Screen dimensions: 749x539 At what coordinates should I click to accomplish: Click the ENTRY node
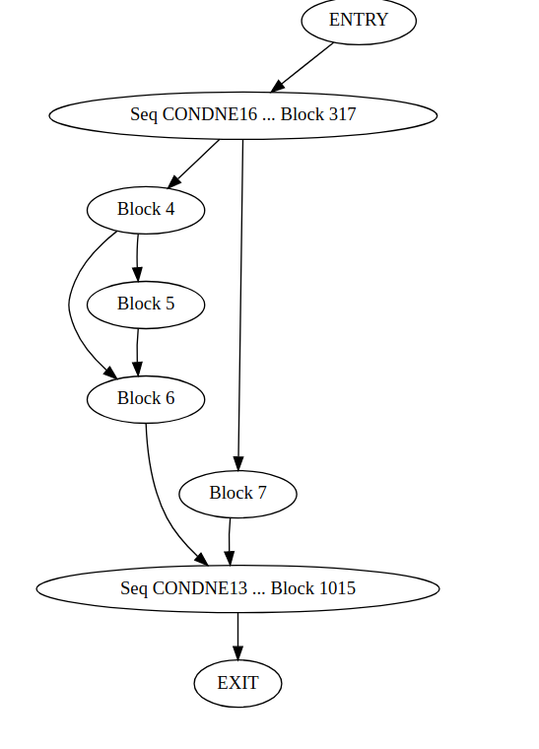click(x=359, y=21)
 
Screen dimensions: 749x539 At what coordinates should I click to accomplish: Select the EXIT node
click(x=237, y=683)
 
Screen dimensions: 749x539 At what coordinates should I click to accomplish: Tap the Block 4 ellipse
click(x=146, y=209)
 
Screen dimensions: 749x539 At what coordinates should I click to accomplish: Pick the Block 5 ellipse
click(x=146, y=304)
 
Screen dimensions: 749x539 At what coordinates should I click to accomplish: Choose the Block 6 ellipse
click(x=146, y=398)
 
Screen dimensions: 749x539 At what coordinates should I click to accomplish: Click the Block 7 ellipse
click(x=237, y=493)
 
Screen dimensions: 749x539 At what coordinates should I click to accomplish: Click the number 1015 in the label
click(x=334, y=588)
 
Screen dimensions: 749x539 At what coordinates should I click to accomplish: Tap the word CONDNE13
click(x=200, y=588)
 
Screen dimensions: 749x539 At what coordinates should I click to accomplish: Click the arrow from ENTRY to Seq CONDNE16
click(x=303, y=67)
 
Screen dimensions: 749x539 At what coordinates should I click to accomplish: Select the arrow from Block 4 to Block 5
click(x=137, y=256)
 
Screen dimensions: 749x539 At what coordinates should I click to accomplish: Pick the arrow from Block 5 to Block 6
click(x=137, y=351)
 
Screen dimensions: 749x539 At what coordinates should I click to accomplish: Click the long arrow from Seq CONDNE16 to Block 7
click(x=240, y=296)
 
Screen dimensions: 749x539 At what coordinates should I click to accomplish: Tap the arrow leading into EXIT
click(x=237, y=636)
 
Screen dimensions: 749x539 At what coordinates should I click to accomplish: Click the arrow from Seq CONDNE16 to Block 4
click(x=194, y=163)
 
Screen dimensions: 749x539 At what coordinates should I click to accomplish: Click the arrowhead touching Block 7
click(x=237, y=464)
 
